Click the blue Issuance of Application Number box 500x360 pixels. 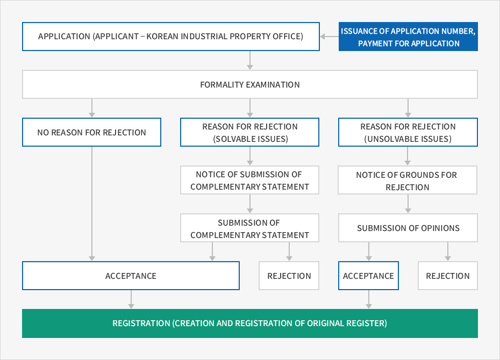tap(408, 37)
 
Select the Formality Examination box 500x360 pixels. tap(249, 84)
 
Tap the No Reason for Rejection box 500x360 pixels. tap(91, 132)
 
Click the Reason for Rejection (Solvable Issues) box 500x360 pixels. tap(249, 132)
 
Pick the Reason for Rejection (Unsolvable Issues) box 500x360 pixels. tap(408, 132)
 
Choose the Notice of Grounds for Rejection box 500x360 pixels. tap(408, 180)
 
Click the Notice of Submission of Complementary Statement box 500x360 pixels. tap(249, 180)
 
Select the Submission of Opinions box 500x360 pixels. tap(408, 228)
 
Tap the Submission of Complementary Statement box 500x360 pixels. tap(249, 228)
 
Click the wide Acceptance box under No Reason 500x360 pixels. tap(131, 276)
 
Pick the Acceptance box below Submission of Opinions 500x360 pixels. tap(368, 276)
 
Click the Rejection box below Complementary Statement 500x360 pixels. tap(289, 276)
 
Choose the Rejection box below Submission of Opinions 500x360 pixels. tap(448, 276)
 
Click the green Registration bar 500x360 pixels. tap(249, 323)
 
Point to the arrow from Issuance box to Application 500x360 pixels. tap(330, 37)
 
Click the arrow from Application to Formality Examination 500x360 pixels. tap(250, 60)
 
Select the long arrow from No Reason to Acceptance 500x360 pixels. tap(92, 204)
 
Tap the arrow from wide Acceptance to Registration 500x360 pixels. tap(131, 299)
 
